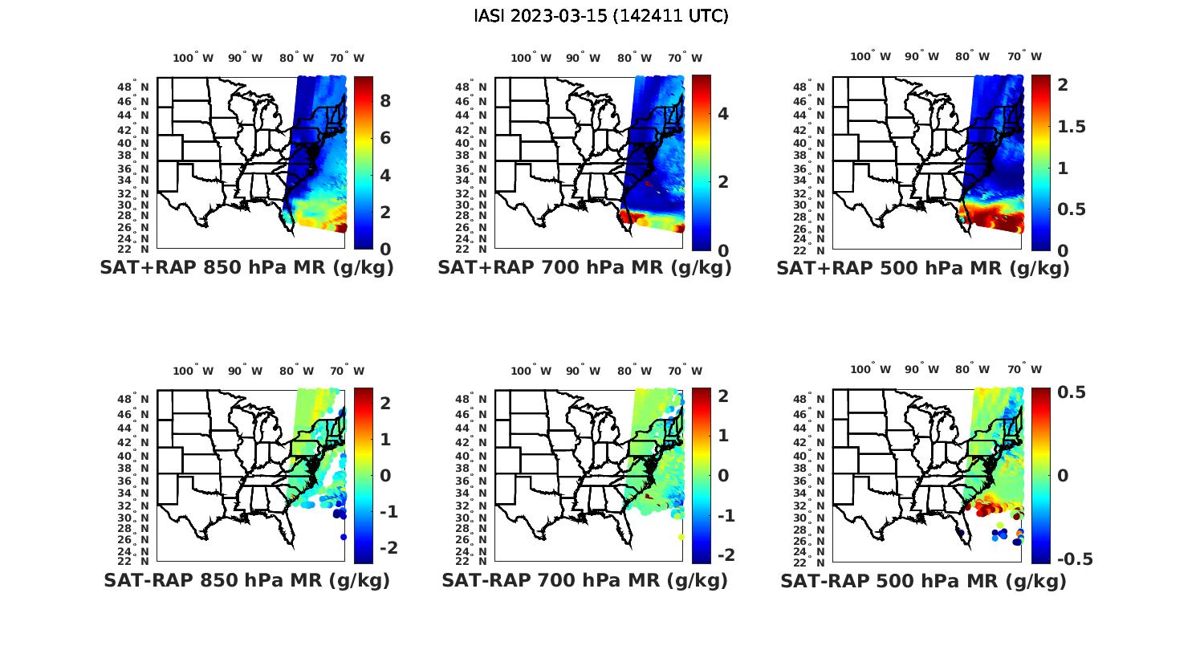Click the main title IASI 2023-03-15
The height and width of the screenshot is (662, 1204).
pos(601,16)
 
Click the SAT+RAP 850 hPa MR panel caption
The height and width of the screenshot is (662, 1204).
pos(246,268)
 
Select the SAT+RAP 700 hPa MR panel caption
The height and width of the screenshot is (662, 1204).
pos(584,268)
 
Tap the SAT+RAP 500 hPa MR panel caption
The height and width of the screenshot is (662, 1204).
pos(923,268)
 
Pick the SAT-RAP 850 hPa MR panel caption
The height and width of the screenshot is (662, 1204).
pos(246,580)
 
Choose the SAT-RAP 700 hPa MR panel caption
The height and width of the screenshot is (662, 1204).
pos(584,580)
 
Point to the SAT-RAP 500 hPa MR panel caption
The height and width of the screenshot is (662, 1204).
pos(923,580)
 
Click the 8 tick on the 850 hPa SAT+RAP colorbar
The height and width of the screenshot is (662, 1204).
pos(385,100)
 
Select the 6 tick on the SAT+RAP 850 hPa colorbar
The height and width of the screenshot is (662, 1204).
pos(385,138)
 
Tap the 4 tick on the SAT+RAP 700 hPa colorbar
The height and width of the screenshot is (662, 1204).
pos(723,113)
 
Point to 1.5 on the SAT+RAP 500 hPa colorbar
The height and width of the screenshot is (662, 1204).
pos(1072,126)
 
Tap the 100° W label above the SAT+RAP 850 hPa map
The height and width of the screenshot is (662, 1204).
pos(193,58)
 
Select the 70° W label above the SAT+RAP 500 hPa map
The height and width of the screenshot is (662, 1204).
pos(1024,56)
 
